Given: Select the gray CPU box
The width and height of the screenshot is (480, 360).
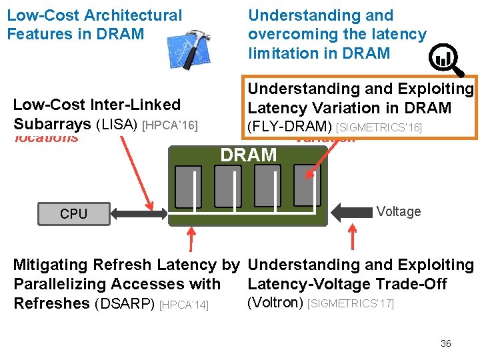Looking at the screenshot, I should point(73,214).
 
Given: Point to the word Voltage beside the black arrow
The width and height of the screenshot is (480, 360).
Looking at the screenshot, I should point(399,211).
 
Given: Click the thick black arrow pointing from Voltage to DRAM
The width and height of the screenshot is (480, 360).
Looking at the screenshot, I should point(351,212).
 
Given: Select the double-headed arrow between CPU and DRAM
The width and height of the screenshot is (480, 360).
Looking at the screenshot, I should point(141,213).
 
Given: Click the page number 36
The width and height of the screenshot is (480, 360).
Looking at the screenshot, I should point(446,343).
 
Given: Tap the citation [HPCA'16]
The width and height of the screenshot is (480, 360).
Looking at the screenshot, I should point(171,125).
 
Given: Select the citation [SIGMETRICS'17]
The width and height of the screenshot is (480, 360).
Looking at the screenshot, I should point(351,304).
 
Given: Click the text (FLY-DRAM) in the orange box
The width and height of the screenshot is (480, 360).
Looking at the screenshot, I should point(290,126).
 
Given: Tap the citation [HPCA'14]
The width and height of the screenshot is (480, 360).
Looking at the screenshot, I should point(185,305).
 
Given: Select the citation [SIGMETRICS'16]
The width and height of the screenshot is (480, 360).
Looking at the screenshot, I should point(379,127).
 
